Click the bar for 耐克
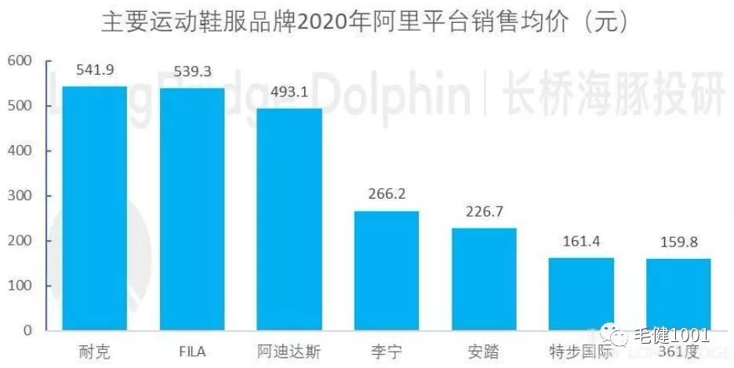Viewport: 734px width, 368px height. [94, 208]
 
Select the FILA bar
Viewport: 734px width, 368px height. [192, 209]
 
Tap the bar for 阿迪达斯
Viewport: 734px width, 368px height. [289, 219]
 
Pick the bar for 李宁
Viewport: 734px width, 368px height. [387, 270]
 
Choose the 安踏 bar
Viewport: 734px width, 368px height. [484, 279]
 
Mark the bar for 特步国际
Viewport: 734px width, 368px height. [581, 293]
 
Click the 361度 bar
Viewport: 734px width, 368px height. [678, 294]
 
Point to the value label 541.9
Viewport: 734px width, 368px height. [95, 70]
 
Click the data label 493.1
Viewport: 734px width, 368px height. [289, 92]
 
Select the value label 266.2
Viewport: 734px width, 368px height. [387, 194]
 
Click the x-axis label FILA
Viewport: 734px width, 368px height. [192, 351]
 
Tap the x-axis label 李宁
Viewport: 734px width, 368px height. [387, 351]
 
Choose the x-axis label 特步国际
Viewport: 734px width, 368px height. [581, 351]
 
